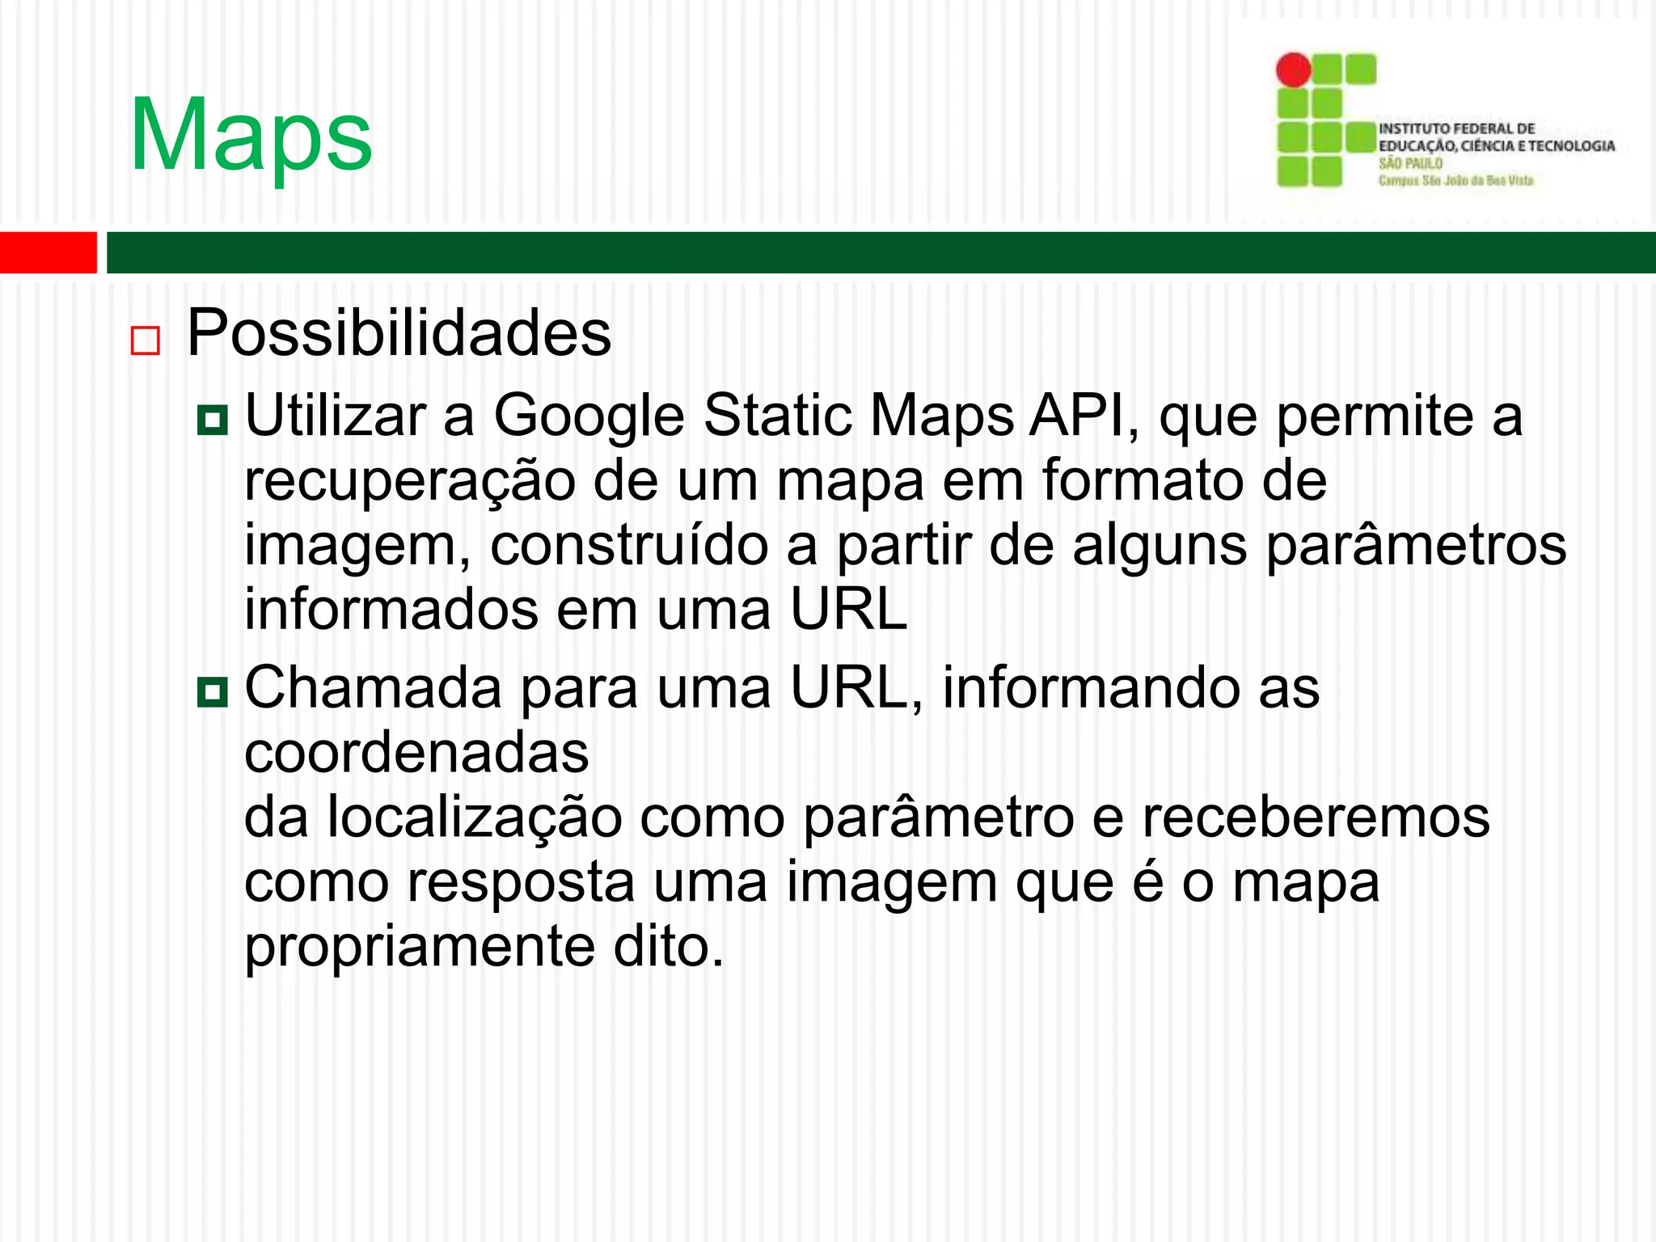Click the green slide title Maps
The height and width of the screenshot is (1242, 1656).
coord(251,135)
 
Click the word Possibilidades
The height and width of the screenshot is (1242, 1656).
coord(399,333)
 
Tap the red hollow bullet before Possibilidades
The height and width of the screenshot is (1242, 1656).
coord(146,340)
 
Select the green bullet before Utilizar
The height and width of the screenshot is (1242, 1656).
coord(213,420)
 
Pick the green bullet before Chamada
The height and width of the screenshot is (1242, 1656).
coord(213,691)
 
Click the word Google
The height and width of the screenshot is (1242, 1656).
coord(589,417)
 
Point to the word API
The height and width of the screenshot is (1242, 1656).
coord(1084,416)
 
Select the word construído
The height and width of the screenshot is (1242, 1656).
coord(629,545)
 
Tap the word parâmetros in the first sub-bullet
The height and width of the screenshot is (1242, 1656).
coord(1416,547)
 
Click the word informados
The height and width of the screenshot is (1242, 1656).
coord(391,609)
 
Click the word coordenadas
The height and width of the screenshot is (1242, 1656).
coord(416,753)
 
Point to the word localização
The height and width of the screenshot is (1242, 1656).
coord(474,817)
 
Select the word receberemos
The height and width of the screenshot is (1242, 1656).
coord(1316,817)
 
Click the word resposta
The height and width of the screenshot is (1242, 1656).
coord(520,882)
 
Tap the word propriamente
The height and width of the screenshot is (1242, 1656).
coord(420,948)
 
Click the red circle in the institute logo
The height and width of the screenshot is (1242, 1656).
coord(1293,70)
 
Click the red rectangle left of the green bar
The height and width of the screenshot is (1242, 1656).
coord(48,252)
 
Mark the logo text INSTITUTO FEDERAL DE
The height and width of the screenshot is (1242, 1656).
coord(1456,129)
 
